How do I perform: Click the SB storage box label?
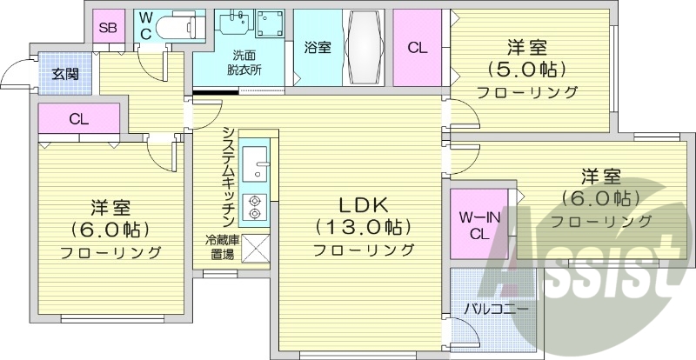coord(108,27)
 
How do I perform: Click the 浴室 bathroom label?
coord(317,48)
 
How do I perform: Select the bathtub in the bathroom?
coord(359,48)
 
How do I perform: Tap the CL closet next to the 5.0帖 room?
coord(418,48)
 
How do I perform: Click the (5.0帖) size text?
coord(526,69)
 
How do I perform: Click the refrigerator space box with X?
coord(256,248)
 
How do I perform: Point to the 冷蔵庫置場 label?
coord(219,247)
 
